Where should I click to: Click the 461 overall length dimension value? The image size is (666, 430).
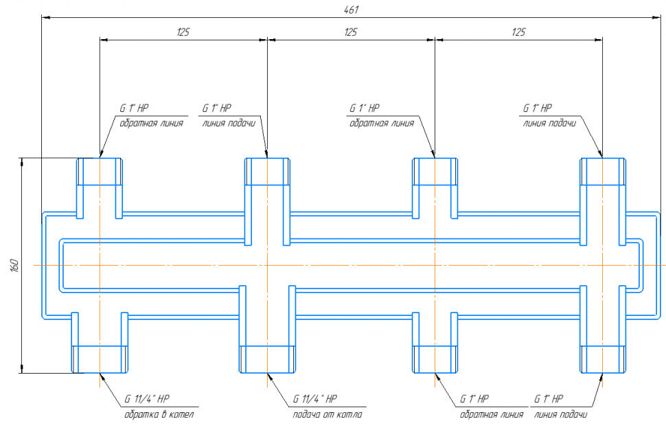tap(351, 10)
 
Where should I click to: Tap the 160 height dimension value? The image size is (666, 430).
tap(13, 265)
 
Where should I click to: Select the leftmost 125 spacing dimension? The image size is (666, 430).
tap(183, 32)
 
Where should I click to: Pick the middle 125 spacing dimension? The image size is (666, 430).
tap(351, 32)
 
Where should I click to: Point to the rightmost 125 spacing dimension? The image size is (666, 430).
tap(519, 32)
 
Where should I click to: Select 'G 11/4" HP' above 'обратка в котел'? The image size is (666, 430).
tap(147, 399)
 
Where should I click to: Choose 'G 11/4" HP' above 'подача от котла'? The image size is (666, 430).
tap(315, 399)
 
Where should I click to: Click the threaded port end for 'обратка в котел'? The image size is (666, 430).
tap(100, 359)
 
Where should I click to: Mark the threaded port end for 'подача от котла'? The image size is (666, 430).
tap(267, 359)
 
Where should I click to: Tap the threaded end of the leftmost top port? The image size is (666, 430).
tap(100, 171)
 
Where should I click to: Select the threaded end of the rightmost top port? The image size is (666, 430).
tap(603, 171)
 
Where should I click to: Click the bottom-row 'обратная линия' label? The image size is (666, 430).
tap(492, 415)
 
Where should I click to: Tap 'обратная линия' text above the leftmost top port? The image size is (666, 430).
tap(151, 124)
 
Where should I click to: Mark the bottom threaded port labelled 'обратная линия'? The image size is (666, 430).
tap(435, 359)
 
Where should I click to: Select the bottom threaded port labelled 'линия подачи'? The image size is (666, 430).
tap(603, 359)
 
